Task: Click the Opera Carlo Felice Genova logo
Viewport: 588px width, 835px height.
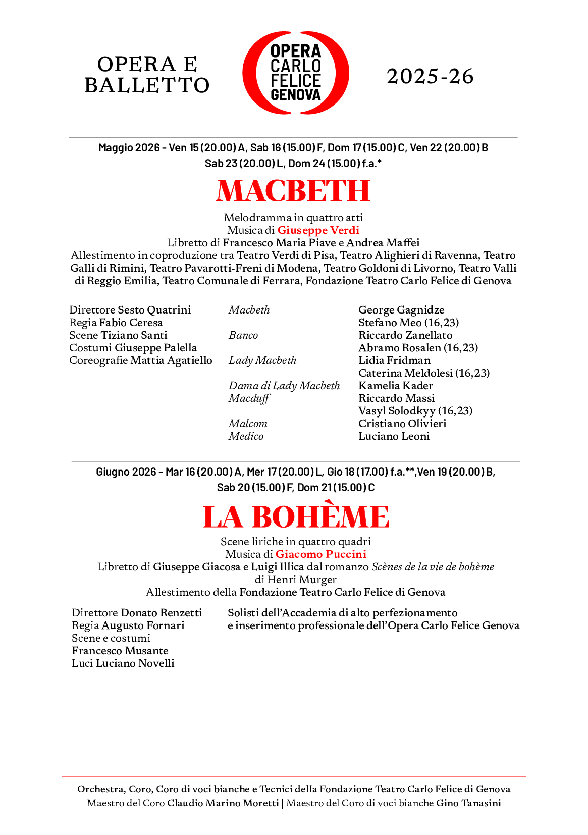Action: coord(295,73)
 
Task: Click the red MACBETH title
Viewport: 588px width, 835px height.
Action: coord(293,191)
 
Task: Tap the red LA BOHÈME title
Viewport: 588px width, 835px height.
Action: coord(296,516)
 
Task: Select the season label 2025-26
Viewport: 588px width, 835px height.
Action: coord(430,77)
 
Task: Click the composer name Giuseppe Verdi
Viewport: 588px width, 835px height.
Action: coord(318,230)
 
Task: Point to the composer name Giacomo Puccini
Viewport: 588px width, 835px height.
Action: coord(320,554)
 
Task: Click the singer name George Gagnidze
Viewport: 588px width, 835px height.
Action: coord(401,310)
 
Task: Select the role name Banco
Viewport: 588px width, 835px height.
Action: coord(243,335)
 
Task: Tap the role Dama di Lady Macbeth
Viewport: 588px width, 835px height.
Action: coord(284,386)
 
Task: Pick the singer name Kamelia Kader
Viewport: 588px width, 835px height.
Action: coord(396,386)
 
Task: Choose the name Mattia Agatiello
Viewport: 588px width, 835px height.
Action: coord(171,360)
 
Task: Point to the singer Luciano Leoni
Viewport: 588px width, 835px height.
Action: coord(394,436)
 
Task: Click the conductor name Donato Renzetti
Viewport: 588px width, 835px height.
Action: coord(161,613)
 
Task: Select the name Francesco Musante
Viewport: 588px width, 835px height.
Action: coord(120,651)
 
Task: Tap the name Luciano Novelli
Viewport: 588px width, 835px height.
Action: coord(135,663)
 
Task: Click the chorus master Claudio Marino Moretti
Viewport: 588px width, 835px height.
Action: coord(223,803)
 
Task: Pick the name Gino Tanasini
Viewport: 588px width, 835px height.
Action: coord(468,803)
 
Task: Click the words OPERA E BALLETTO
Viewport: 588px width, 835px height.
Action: coord(147,75)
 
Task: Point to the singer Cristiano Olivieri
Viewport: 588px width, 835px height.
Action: coord(402,424)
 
